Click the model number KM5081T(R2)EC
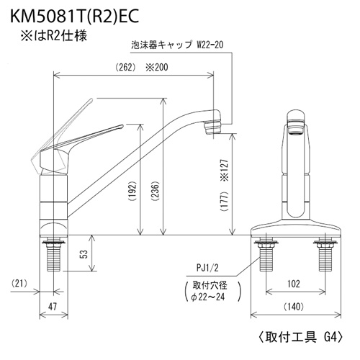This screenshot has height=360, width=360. pyautogui.click(x=74, y=17)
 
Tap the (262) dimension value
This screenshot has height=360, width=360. pyautogui.click(x=125, y=68)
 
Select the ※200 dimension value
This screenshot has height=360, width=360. pyautogui.click(x=157, y=67)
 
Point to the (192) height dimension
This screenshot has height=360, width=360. pyautogui.click(x=132, y=192)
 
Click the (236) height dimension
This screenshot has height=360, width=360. pyautogui.click(x=156, y=192)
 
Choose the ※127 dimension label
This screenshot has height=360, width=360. pyautogui.click(x=225, y=170)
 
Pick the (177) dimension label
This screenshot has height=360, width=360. pyautogui.click(x=225, y=202)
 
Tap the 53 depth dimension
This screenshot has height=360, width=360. pyautogui.click(x=84, y=254)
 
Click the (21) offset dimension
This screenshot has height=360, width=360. pyautogui.click(x=19, y=284)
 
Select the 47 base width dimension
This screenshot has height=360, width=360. pyautogui.click(x=52, y=306)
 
